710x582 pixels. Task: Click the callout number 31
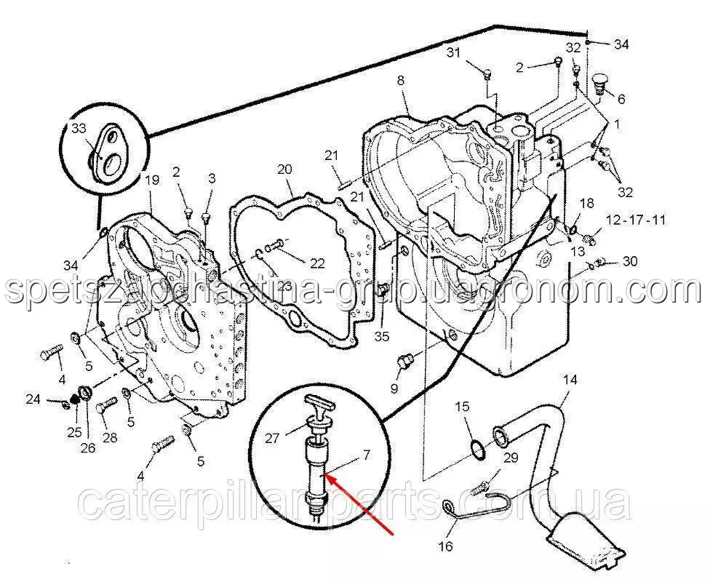(453, 53)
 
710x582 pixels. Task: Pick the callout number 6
(621, 99)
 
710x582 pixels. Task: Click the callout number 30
(630, 261)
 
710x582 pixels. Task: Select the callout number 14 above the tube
(570, 380)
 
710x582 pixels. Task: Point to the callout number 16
(445, 546)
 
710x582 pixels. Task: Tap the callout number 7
(367, 455)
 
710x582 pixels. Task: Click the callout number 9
(394, 388)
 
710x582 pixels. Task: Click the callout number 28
(110, 437)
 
